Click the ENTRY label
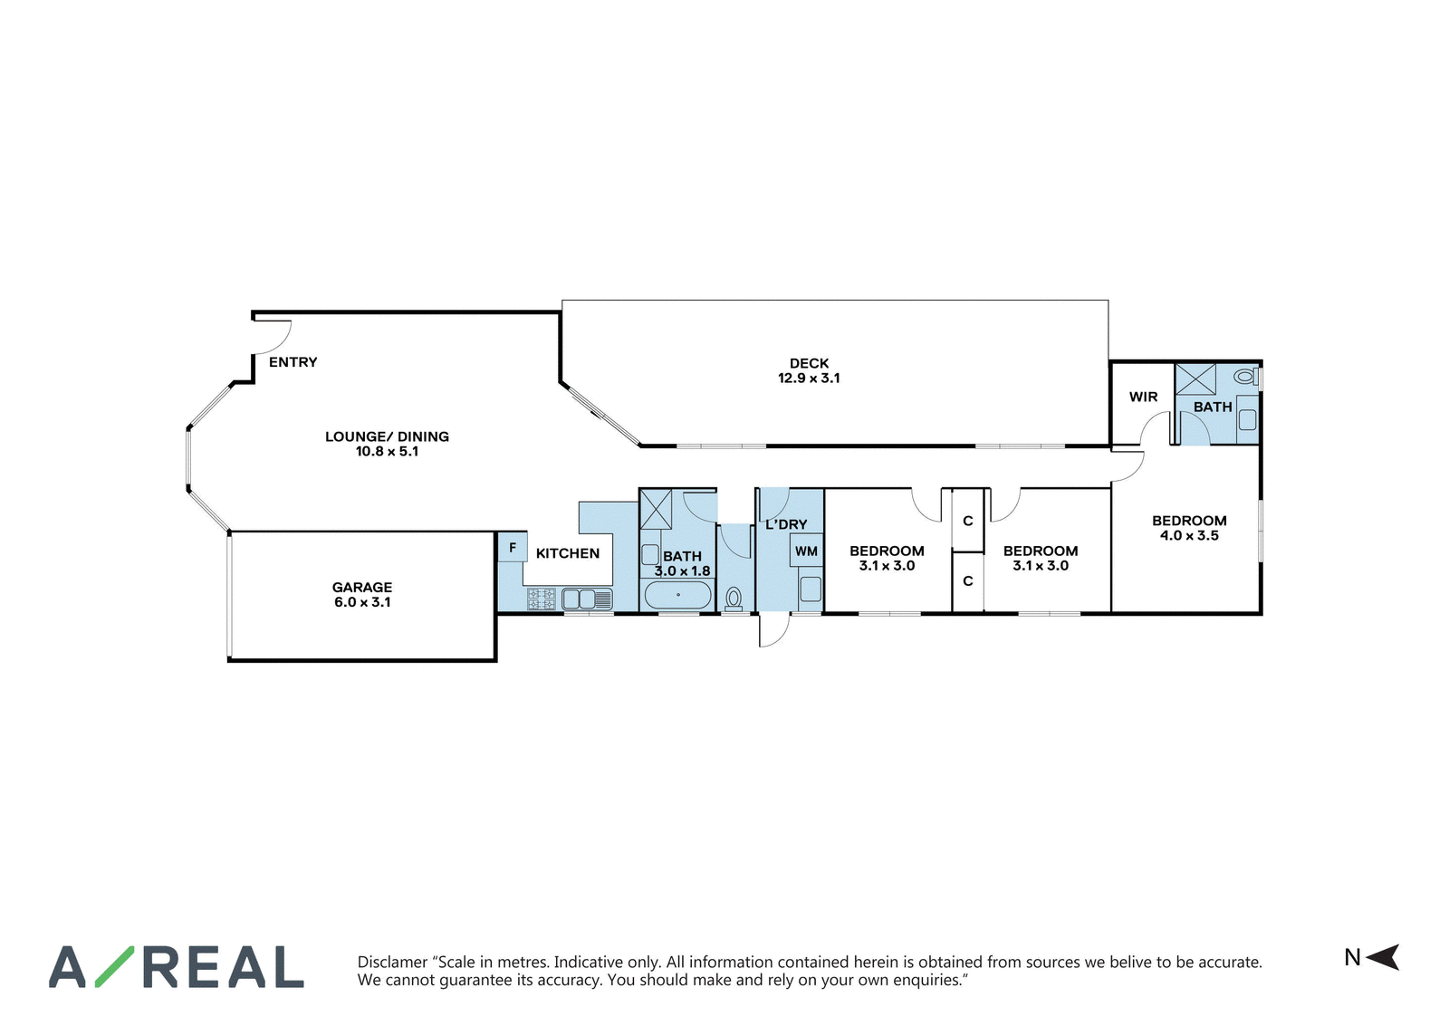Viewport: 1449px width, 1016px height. (x=293, y=362)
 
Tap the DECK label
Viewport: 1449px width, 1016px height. (x=809, y=363)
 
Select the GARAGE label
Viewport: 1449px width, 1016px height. (x=362, y=587)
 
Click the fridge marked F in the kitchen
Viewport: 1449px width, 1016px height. (x=513, y=547)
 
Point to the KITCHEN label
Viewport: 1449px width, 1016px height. (x=567, y=553)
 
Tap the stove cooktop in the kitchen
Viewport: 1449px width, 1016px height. (x=542, y=599)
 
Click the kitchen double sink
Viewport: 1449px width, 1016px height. (x=587, y=599)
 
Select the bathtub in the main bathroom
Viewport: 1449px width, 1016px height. (x=678, y=595)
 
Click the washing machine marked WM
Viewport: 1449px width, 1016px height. (x=806, y=551)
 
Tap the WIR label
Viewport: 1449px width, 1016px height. (x=1144, y=398)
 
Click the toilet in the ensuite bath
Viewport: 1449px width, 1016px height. (x=1245, y=376)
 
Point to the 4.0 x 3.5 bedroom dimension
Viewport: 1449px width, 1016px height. (x=1189, y=535)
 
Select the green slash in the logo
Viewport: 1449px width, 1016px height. (x=114, y=966)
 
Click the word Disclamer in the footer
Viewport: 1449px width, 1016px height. (x=393, y=963)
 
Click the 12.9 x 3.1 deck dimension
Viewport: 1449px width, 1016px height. (x=809, y=379)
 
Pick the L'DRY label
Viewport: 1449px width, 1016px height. (x=786, y=524)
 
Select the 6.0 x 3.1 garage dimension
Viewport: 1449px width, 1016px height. (x=362, y=602)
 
